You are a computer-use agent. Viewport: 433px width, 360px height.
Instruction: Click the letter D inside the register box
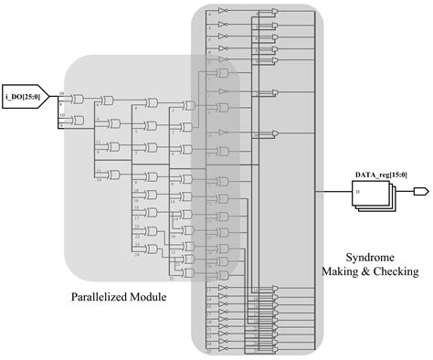(357, 193)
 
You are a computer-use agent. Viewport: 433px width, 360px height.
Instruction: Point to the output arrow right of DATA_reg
(421, 192)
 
